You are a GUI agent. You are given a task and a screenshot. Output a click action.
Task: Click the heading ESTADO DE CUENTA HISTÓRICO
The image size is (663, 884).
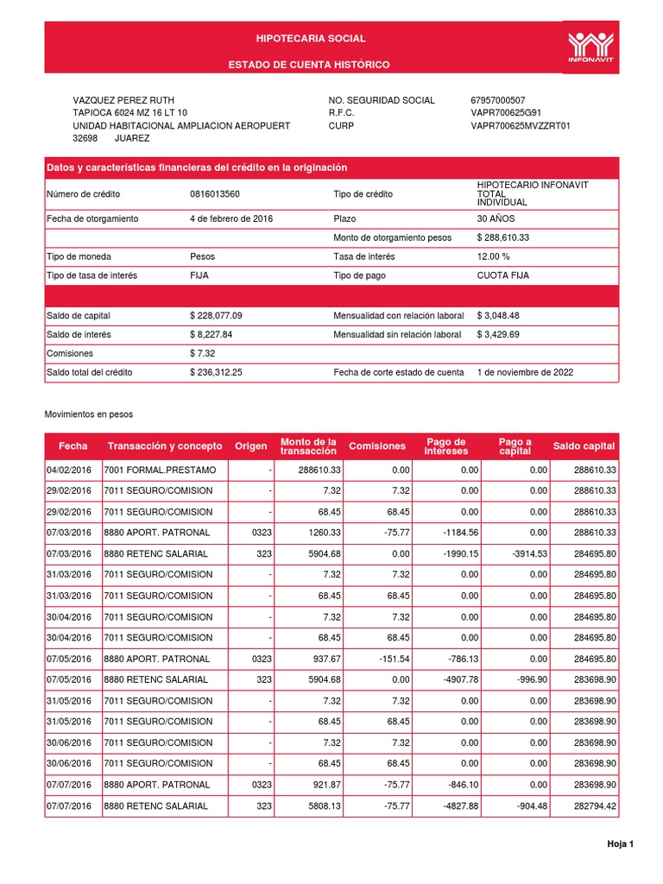pyautogui.click(x=309, y=66)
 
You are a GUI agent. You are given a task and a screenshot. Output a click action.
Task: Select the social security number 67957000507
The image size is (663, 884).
pyautogui.click(x=497, y=101)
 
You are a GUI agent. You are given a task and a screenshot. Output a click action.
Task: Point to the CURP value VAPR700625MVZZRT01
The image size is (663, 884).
pyautogui.click(x=521, y=126)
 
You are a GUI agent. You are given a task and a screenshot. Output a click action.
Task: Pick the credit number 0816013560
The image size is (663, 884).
pyautogui.click(x=215, y=194)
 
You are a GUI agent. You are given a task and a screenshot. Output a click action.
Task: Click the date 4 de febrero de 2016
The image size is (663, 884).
pyautogui.click(x=231, y=219)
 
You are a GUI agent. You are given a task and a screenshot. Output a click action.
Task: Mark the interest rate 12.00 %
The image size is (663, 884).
pyautogui.click(x=494, y=256)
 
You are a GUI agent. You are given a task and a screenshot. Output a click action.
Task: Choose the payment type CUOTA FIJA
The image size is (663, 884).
pyautogui.click(x=503, y=275)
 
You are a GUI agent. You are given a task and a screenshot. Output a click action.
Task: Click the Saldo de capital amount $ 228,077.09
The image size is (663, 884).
pyautogui.click(x=216, y=316)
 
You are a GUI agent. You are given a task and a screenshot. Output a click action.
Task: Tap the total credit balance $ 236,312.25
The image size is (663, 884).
pyautogui.click(x=216, y=372)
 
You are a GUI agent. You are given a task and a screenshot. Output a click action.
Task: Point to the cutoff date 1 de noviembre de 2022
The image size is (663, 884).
pyautogui.click(x=525, y=372)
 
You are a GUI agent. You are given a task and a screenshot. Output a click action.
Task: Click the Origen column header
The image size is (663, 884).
pyautogui.click(x=251, y=446)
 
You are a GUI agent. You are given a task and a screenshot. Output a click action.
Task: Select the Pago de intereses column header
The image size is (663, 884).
pyautogui.click(x=446, y=446)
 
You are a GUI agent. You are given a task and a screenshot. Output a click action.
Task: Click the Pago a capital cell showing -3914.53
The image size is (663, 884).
pyautogui.click(x=527, y=552)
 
